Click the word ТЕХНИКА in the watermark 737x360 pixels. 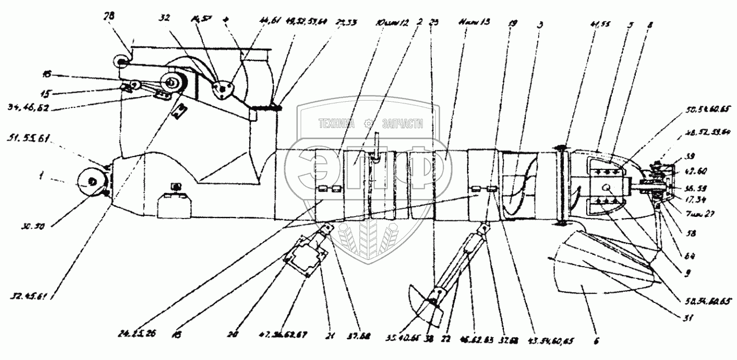(x=338, y=124)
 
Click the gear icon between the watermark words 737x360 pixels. (x=369, y=124)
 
